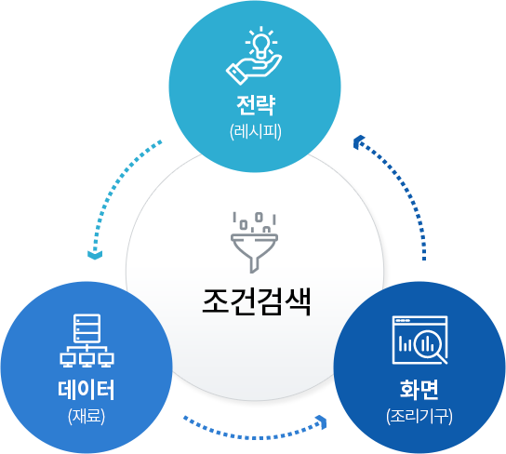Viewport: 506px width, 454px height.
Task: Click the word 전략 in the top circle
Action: coord(256,105)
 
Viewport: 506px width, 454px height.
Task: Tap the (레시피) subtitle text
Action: coord(256,131)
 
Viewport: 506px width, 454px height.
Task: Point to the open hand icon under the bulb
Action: coord(254,70)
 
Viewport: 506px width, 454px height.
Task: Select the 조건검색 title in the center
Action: coord(256,301)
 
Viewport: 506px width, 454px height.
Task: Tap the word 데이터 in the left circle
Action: coord(87,390)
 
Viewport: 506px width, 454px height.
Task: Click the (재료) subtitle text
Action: coord(87,416)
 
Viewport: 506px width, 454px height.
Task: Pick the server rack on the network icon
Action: coord(87,328)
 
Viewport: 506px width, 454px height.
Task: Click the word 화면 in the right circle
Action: coord(419,389)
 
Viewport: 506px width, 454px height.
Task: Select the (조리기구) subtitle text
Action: coord(419,416)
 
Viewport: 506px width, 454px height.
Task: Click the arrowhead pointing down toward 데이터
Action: coord(95,254)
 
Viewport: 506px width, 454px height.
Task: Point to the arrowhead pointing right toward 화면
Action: coord(322,422)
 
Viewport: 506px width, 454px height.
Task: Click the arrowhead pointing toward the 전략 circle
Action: coord(358,142)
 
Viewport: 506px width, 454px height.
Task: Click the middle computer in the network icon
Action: coord(87,360)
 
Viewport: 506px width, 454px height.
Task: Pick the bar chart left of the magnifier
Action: coord(406,344)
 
